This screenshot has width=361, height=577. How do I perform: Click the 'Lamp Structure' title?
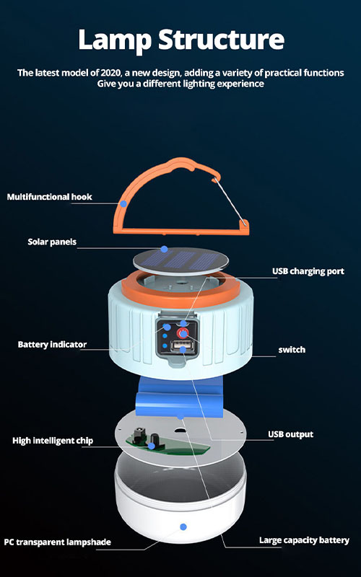(x=181, y=40)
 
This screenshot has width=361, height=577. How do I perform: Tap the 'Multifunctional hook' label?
(x=49, y=197)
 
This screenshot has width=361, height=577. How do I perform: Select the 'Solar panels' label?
(x=52, y=242)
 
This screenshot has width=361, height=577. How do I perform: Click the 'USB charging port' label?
(x=308, y=271)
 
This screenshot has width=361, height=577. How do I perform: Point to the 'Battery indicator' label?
(x=52, y=345)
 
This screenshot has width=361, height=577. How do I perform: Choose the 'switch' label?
(x=292, y=350)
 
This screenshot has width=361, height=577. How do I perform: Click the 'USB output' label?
(x=291, y=434)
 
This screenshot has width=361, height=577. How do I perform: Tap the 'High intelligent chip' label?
(x=53, y=441)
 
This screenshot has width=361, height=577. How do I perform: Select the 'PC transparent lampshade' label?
(x=58, y=542)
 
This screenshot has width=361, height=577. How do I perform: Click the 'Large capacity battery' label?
(x=304, y=540)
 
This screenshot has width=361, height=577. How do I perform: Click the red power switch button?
(x=183, y=333)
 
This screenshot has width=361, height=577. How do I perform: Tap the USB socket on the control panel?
(x=180, y=347)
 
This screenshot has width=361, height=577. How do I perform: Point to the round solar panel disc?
(x=180, y=261)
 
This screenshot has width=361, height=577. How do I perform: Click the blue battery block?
(x=179, y=397)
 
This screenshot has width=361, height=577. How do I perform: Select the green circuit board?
(x=168, y=445)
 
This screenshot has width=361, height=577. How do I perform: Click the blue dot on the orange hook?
(x=123, y=203)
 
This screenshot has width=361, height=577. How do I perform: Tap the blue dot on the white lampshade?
(x=183, y=527)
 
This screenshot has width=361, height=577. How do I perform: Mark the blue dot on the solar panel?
(x=165, y=249)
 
